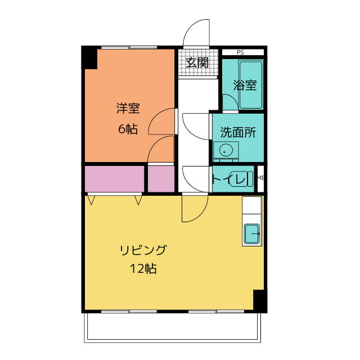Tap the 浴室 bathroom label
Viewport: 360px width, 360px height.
pos(245,85)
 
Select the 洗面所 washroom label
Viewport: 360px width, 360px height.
pos(238,133)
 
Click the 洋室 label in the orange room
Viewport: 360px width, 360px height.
pos(128,107)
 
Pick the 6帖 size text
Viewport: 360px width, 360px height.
pos(128,129)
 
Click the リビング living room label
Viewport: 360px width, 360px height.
pos(143,250)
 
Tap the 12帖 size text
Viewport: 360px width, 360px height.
pos(143,269)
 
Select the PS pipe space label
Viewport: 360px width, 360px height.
pos(240,53)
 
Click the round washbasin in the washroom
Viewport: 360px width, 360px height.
pos(226,151)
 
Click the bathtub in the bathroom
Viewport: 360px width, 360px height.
pos(251,84)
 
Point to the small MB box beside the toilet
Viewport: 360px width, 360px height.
pos(260,178)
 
